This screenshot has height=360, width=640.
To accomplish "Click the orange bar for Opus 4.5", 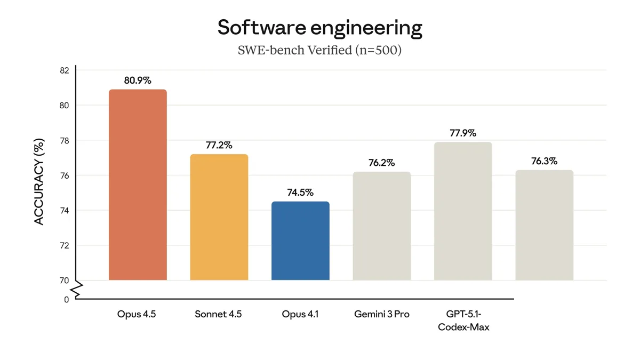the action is point(138,185).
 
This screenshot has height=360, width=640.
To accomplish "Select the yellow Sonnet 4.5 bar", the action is point(219,217).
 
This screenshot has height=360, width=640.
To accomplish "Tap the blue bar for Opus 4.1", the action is point(300,241).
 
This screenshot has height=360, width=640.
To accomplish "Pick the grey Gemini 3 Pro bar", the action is point(382,226).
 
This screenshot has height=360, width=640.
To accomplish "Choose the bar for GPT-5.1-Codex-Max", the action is point(463,211).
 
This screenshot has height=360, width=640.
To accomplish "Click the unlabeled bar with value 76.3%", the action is point(545,225).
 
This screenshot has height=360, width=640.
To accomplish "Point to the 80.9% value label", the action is point(138,81).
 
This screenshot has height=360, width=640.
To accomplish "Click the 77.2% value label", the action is point(219,146).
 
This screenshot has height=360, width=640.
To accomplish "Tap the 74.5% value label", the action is point(300,193).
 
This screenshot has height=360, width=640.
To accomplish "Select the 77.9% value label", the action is point(463,133).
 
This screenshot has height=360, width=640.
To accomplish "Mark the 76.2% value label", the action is point(382,163).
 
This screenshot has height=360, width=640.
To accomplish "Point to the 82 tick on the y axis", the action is point(65,70).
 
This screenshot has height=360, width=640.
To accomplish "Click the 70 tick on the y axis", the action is point(65,281).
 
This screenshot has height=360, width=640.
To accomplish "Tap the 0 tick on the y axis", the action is point(67,300).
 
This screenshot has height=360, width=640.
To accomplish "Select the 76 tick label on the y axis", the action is point(65,175).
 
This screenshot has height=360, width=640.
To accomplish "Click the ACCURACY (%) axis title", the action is point(39,182).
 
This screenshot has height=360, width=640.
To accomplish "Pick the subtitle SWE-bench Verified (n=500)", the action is point(319,50).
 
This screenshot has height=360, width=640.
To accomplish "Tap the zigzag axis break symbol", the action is point(77,290).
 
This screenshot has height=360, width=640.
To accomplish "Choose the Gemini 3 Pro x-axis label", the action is point(382,314).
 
